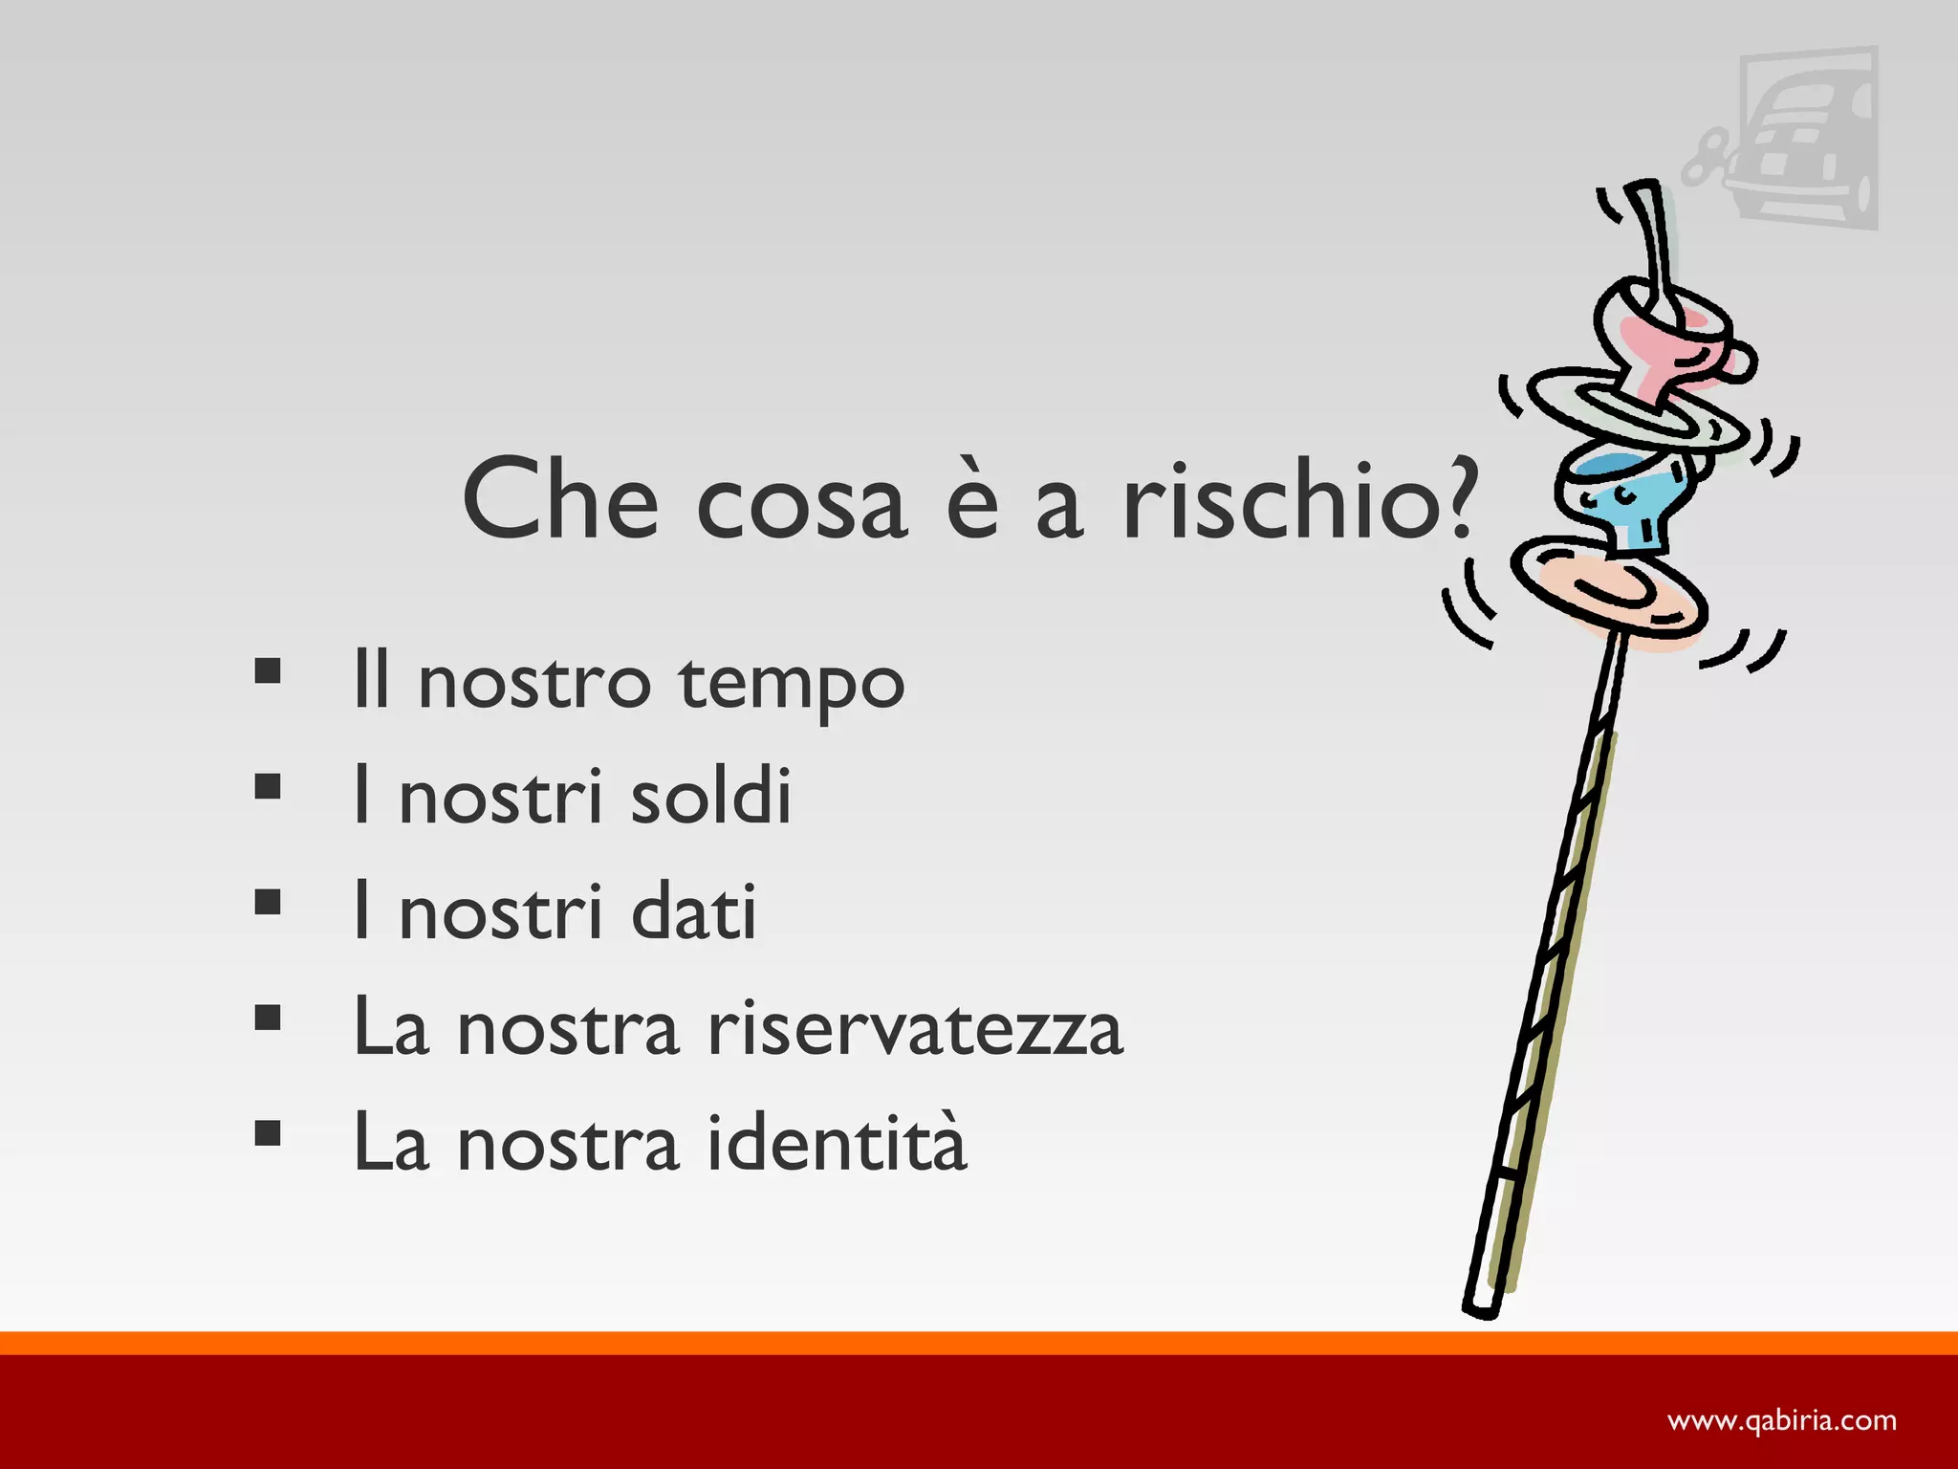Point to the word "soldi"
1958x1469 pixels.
point(710,796)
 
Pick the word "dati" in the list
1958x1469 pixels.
point(693,911)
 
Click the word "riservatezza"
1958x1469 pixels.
point(915,1028)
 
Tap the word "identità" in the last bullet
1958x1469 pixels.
point(837,1142)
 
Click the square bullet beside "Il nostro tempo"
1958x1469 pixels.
point(268,671)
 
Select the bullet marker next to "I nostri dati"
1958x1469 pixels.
point(268,902)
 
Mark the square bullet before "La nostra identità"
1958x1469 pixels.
point(268,1133)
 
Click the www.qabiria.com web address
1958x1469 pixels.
point(1782,1421)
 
